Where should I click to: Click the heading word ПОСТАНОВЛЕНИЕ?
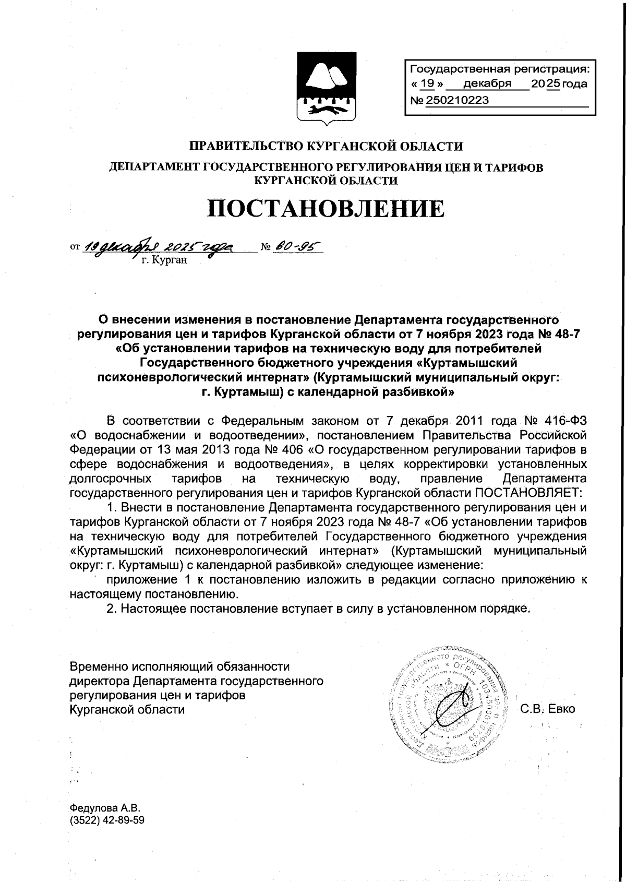pyautogui.click(x=327, y=209)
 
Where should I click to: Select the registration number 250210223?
pyautogui.click(x=458, y=100)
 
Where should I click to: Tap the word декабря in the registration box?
pyautogui.click(x=487, y=84)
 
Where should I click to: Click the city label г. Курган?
pyautogui.click(x=164, y=260)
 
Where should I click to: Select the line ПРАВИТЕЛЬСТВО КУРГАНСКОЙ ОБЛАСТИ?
pyautogui.click(x=326, y=146)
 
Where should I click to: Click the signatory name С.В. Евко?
pyautogui.click(x=547, y=709)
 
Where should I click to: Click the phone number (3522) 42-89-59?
pyautogui.click(x=107, y=820)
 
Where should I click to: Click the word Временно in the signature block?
pyautogui.click(x=99, y=666)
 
